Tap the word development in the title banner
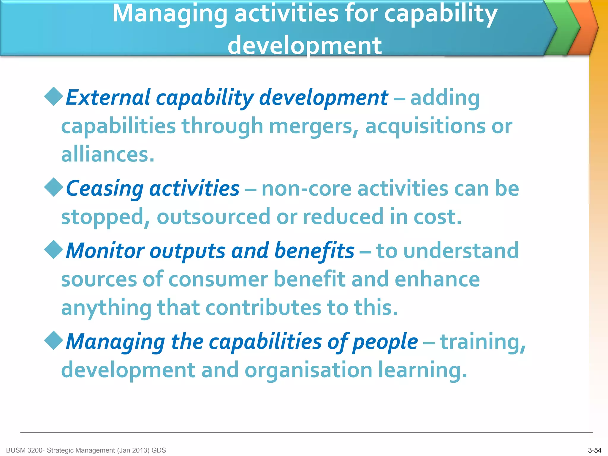pos(305,46)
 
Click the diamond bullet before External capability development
pos(54,96)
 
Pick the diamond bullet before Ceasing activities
pos(54,187)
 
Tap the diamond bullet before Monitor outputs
pos(54,250)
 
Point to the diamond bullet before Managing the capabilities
pos(54,341)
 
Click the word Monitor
pos(105,251)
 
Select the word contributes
pos(263,308)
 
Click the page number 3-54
pos(594,450)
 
